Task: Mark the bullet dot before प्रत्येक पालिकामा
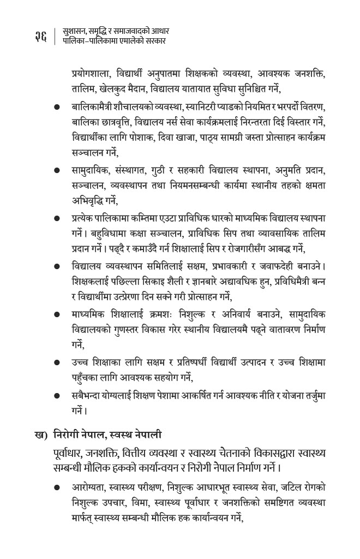(x=56, y=219)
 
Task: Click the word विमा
(x=149, y=502)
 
